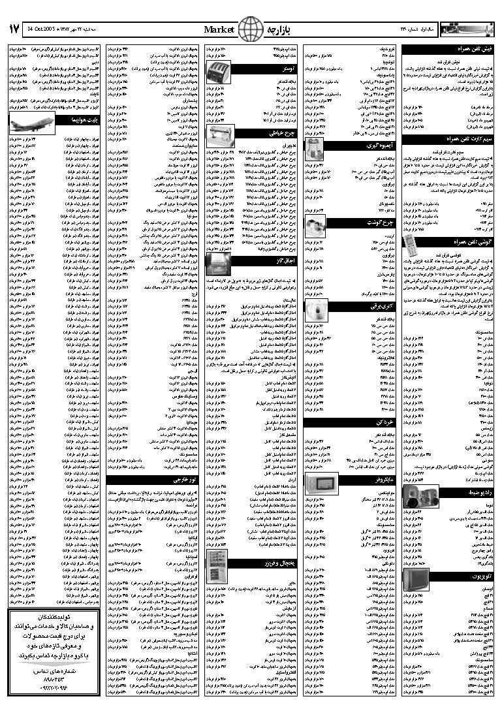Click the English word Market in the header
click(220, 29)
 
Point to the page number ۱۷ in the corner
click(14, 29)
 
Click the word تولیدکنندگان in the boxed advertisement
click(54, 617)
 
